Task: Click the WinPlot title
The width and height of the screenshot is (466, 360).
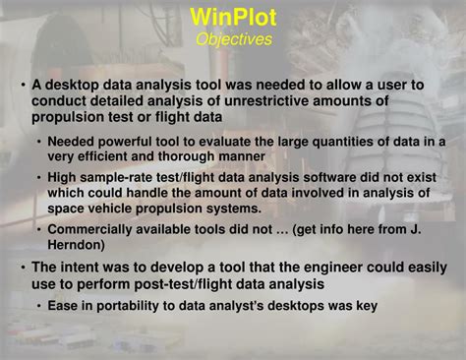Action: click(x=233, y=17)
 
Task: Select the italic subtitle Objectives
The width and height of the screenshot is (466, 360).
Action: click(x=233, y=39)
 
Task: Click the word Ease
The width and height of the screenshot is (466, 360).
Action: click(x=64, y=306)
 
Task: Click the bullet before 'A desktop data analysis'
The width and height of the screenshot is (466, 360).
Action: click(x=23, y=86)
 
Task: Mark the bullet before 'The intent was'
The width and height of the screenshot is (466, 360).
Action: click(x=23, y=267)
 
